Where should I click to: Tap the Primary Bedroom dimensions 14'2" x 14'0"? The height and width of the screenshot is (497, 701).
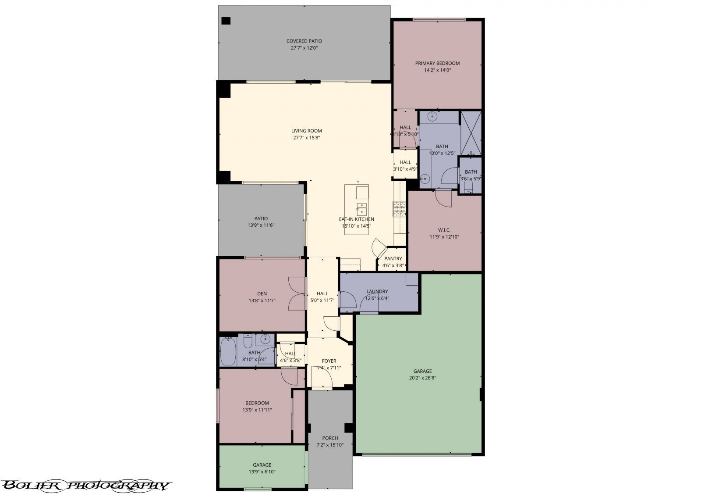click(x=437, y=70)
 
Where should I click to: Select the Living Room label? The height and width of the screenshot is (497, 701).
click(x=306, y=131)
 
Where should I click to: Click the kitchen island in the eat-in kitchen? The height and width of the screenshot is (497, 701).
click(x=356, y=209)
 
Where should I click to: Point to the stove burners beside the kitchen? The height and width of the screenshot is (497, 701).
click(x=399, y=209)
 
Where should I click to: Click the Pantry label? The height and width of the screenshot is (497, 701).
click(x=393, y=259)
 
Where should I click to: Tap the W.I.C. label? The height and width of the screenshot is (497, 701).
click(x=444, y=230)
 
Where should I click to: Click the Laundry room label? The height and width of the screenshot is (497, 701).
click(x=377, y=291)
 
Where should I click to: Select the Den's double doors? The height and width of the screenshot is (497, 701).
click(x=297, y=294)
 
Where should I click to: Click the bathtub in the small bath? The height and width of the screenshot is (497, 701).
click(x=228, y=352)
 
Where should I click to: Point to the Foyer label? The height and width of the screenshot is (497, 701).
click(x=329, y=361)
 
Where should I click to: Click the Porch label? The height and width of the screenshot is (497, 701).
click(x=329, y=438)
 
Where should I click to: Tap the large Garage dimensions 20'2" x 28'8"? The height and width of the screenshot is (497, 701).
click(x=422, y=378)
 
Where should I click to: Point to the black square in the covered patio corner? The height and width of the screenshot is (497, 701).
click(x=226, y=21)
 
